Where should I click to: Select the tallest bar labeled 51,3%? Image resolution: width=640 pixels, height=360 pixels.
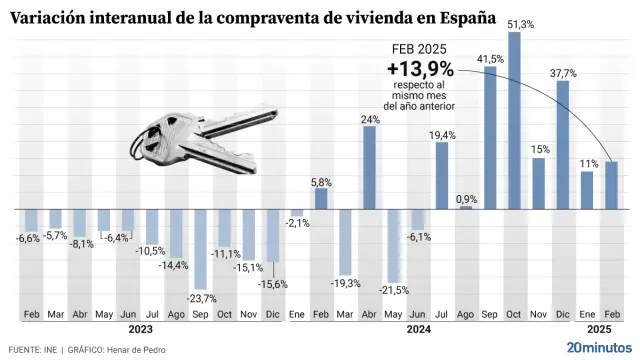click(x=514, y=120)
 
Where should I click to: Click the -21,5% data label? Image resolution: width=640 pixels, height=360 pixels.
click(x=394, y=290)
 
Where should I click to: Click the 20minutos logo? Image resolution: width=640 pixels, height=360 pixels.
click(x=598, y=346)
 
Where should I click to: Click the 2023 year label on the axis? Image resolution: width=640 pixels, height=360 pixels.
click(x=141, y=329)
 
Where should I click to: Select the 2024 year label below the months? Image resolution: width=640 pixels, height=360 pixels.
click(x=418, y=329)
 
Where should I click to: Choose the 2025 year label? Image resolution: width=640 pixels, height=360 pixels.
click(x=598, y=329)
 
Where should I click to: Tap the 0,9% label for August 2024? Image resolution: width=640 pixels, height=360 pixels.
click(x=466, y=199)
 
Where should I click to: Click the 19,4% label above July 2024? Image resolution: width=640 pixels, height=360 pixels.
click(x=442, y=134)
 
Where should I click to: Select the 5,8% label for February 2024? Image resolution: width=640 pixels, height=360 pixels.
click(x=322, y=181)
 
